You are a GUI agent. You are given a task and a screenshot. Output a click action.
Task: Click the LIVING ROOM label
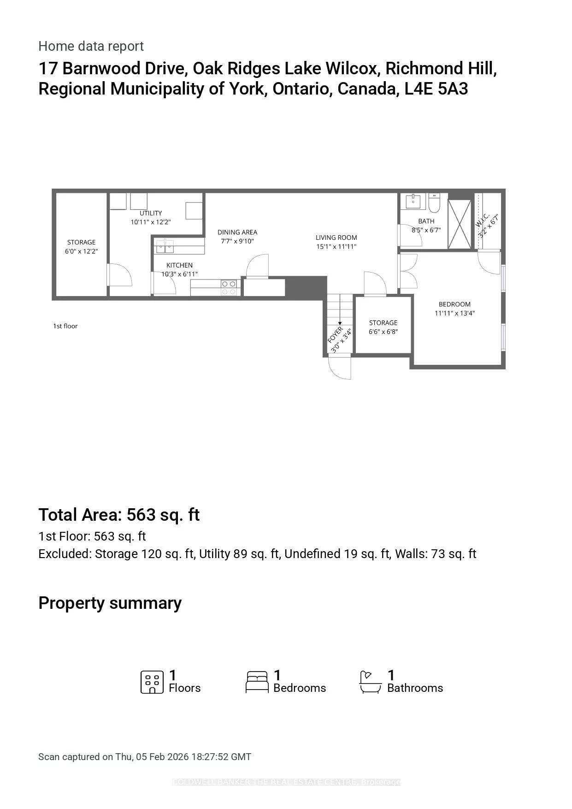pos(336,238)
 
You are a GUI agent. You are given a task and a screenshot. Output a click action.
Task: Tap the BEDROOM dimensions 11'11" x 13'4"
pos(454,313)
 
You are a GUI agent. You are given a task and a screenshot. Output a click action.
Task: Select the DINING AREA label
pos(237,232)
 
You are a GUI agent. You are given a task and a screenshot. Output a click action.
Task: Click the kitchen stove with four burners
pos(229,288)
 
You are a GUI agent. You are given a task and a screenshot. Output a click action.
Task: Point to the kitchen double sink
pos(165,246)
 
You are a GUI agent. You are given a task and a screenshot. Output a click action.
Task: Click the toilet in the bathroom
pos(434,202)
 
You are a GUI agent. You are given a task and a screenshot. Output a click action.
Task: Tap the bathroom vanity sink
pos(413,202)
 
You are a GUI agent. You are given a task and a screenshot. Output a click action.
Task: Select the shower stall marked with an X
pos(460,224)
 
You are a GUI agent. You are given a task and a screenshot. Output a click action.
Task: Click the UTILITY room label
pos(151,213)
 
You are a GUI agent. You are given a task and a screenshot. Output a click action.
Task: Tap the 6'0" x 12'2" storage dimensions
pos(81,251)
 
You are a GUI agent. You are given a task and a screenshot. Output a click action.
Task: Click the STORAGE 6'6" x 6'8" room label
pos(383,323)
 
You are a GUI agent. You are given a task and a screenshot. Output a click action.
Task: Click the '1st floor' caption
pos(65,326)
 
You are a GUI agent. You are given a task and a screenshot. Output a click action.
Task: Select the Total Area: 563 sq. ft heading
pos(119,515)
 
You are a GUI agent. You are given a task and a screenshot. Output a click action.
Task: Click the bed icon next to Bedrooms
pos(257,682)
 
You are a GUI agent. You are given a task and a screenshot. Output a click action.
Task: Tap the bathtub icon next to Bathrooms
pos(370,682)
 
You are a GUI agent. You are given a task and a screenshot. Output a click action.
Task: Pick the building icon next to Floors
pos(152,682)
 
